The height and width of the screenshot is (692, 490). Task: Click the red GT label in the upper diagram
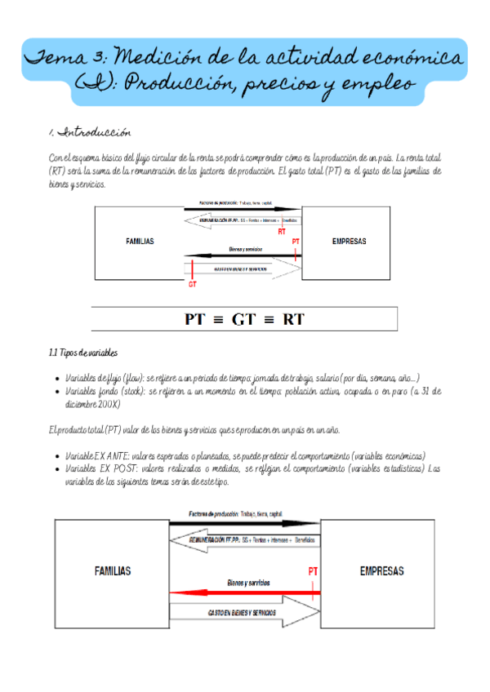click(193, 284)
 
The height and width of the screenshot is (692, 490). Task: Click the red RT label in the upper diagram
click(282, 232)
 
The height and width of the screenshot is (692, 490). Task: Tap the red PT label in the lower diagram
click(312, 571)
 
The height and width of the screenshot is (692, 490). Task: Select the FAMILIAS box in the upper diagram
click(140, 242)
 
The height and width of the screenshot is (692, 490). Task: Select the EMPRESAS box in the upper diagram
click(350, 242)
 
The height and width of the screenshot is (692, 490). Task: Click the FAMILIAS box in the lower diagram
click(112, 571)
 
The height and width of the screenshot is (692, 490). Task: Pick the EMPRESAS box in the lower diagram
click(381, 571)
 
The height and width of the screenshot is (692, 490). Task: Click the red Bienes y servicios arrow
click(245, 592)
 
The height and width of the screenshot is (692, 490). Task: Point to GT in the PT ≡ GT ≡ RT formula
click(243, 319)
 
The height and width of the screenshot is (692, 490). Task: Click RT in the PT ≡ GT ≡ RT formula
click(293, 319)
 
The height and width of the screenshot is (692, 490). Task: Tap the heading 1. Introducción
click(89, 131)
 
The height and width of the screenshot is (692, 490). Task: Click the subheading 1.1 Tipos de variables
click(82, 353)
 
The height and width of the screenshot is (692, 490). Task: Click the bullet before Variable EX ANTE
click(55, 456)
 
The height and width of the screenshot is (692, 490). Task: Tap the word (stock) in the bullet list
click(129, 391)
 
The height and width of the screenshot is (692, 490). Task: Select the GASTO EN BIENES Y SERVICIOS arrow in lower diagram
click(245, 612)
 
